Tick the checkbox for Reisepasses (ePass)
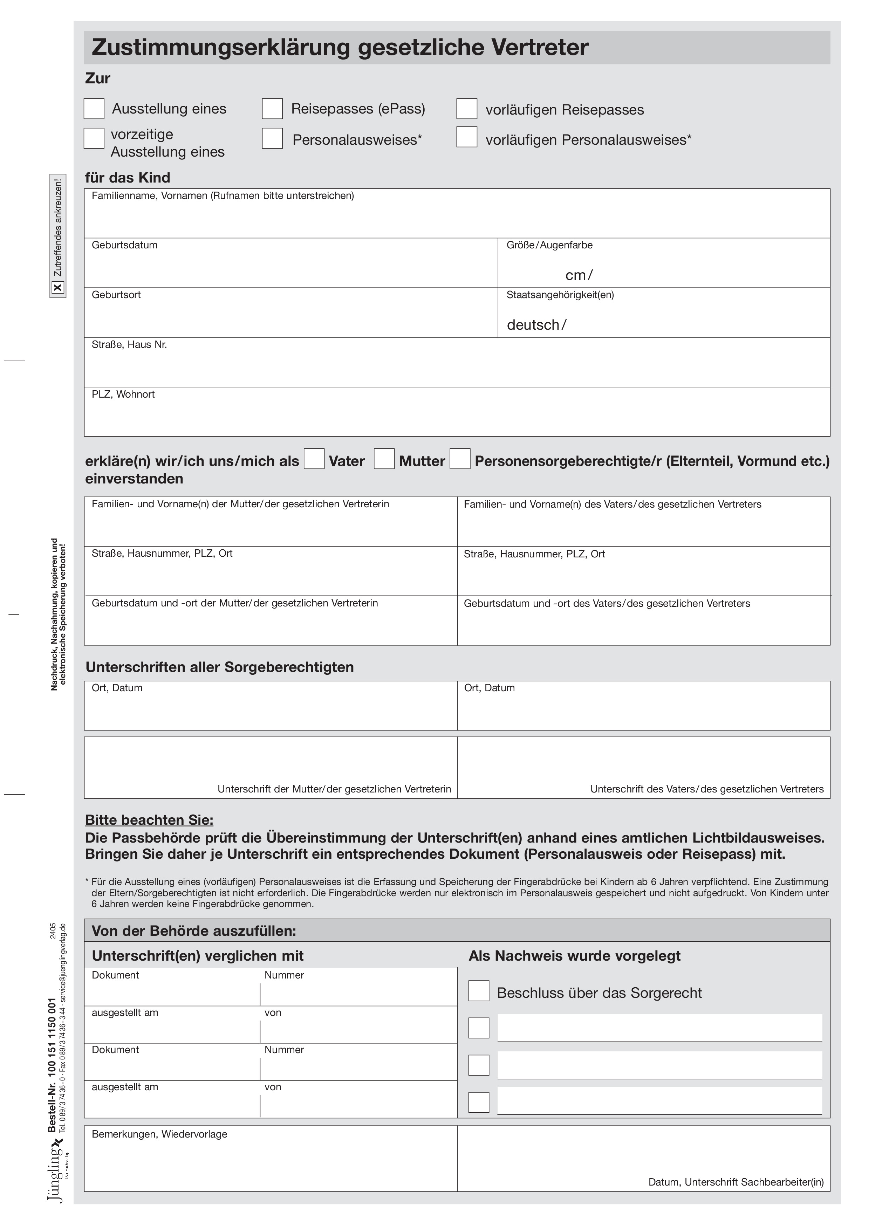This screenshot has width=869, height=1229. (x=272, y=109)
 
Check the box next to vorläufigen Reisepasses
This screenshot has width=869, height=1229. (x=466, y=109)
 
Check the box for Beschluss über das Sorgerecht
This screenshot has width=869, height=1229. (x=479, y=991)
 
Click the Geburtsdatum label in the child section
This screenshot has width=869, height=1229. (x=124, y=245)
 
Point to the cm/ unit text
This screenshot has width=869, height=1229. (x=579, y=275)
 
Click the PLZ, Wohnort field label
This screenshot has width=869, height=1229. (x=123, y=394)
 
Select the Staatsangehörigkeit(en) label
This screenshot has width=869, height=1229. (x=560, y=295)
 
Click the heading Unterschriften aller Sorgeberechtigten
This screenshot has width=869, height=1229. (x=219, y=667)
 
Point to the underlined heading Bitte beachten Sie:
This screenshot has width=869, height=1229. (x=149, y=820)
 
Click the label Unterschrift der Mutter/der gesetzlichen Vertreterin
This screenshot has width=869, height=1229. (x=334, y=789)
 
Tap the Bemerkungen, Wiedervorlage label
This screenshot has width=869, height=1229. (x=159, y=1134)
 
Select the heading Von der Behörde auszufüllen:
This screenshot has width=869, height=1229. (x=194, y=931)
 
